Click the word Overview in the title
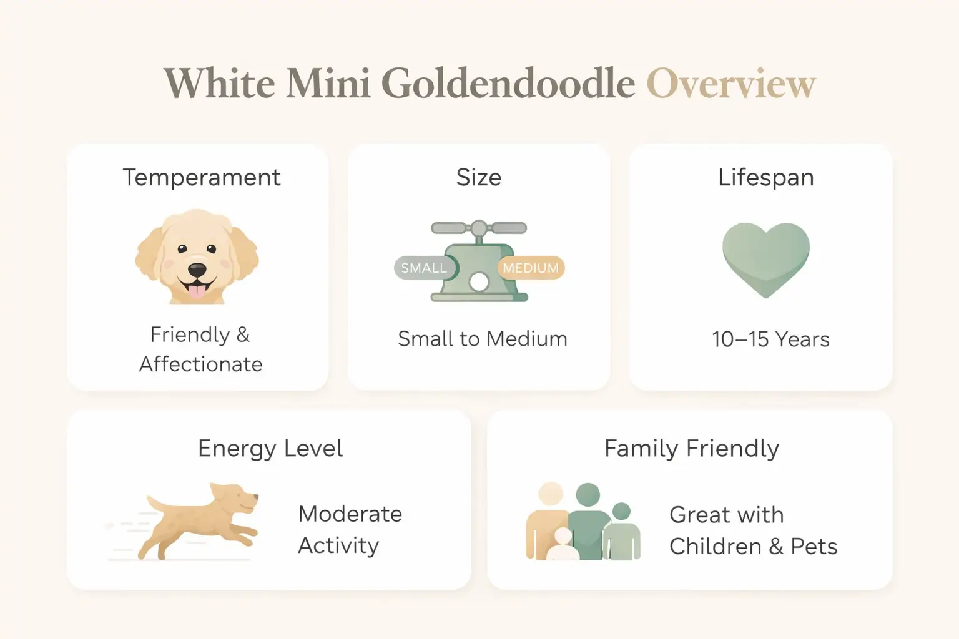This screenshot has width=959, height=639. (x=730, y=84)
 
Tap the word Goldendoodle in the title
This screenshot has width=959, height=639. (x=508, y=84)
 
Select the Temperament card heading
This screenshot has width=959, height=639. (x=201, y=178)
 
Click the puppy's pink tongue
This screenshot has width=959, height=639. (x=197, y=291)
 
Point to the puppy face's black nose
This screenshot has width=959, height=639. (x=197, y=271)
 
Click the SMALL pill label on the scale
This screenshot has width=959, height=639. (x=423, y=268)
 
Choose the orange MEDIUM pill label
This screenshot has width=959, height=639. (x=531, y=268)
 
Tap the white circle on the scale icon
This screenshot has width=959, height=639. (x=479, y=282)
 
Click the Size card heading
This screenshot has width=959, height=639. (x=479, y=178)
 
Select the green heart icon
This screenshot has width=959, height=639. (x=765, y=257)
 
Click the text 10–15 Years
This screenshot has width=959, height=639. (x=770, y=339)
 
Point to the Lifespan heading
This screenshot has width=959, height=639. (x=765, y=178)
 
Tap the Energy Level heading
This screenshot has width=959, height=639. (x=270, y=449)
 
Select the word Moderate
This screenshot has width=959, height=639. (x=350, y=514)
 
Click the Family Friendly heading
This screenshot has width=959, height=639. (x=691, y=449)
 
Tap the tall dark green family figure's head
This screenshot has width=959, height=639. (x=587, y=495)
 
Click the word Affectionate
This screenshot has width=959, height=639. (x=200, y=364)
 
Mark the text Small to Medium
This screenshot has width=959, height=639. (x=482, y=339)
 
